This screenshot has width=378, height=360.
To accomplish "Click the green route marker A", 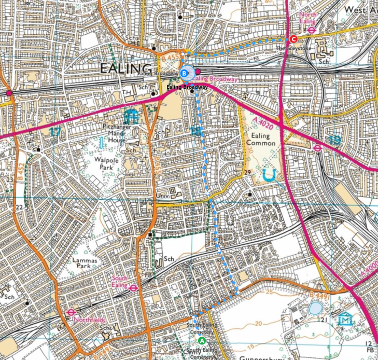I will tap(202, 340).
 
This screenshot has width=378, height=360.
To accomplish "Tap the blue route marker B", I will tap(184, 73).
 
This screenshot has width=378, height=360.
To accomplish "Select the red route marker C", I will tap(293, 38).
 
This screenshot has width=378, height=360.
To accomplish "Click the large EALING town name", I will tap(126, 68).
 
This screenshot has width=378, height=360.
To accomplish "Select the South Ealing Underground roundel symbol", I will tap(133, 288).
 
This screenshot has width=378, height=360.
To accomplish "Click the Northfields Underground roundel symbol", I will tap(71, 312).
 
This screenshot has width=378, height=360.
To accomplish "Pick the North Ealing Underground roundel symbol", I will tap(312, 30).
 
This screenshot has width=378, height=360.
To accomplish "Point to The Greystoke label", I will tap(288, 48).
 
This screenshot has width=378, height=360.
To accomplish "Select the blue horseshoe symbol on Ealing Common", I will tap(268, 175).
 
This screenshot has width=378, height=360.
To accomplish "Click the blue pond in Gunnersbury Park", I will tap(315, 308).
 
